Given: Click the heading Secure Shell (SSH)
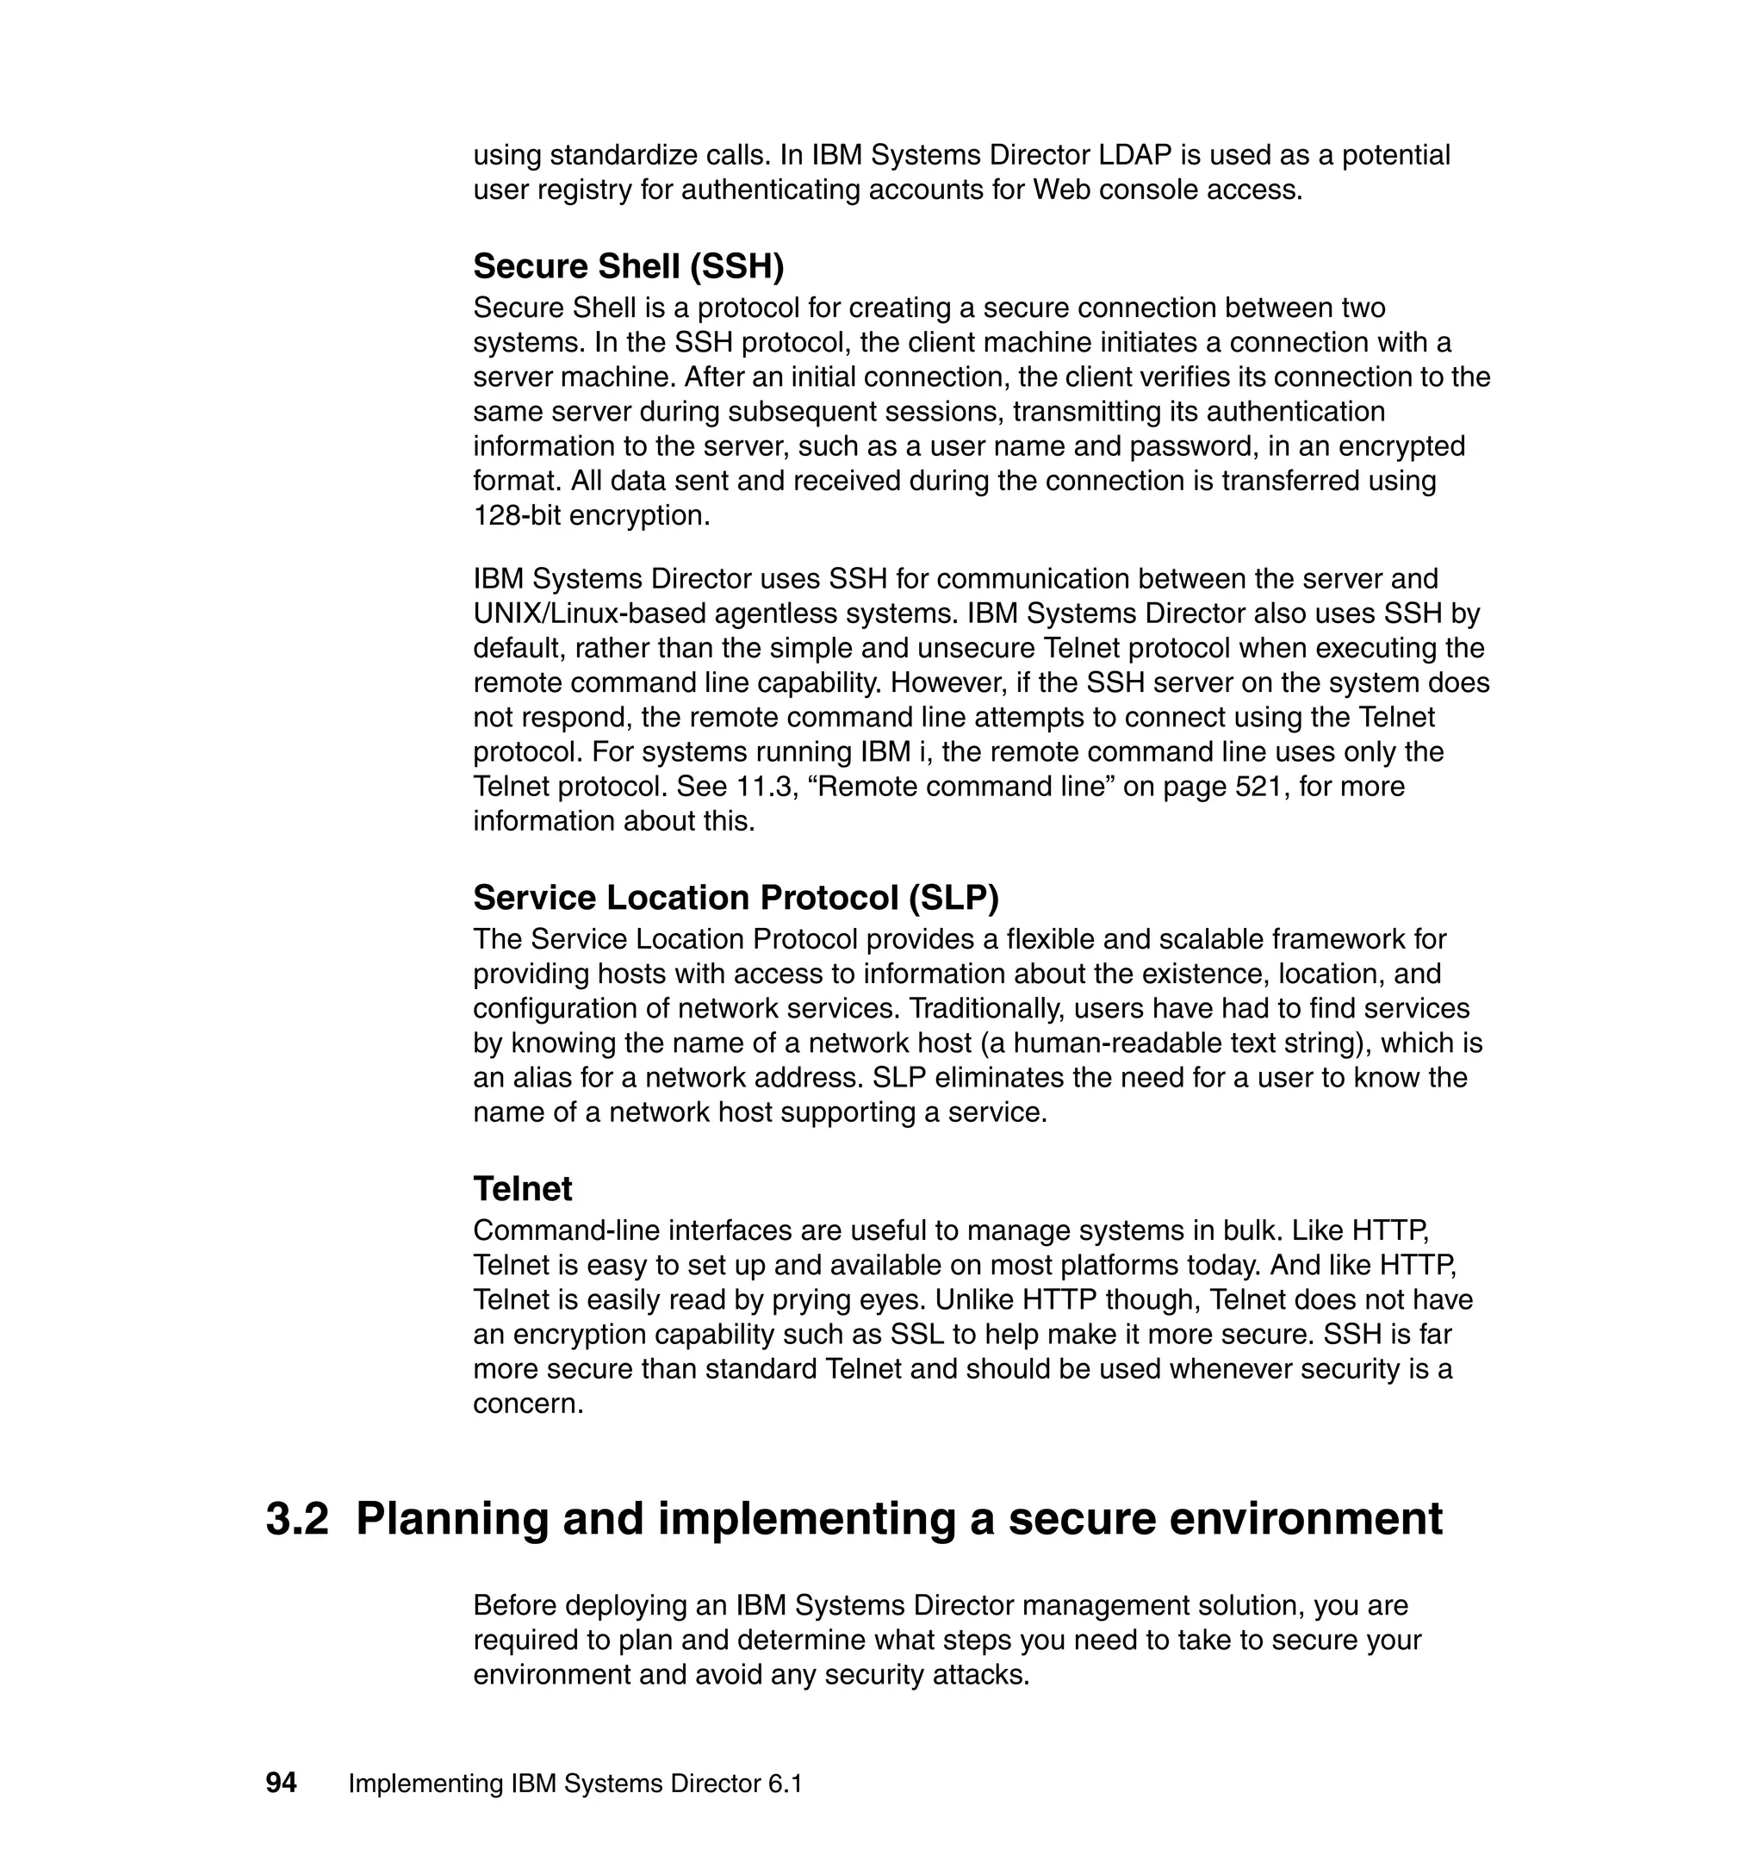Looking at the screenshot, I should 628,267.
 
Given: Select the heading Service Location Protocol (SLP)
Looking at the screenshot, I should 736,899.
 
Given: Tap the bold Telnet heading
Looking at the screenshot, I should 523,1190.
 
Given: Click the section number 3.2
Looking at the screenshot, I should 297,1519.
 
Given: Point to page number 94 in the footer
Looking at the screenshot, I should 281,1784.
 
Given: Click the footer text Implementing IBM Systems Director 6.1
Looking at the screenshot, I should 575,1784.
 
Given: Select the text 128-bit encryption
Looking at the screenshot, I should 591,516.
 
